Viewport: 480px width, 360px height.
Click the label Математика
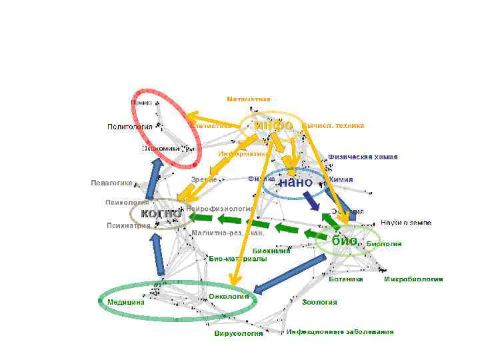pyautogui.click(x=248, y=99)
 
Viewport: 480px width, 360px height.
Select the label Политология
pyautogui.click(x=130, y=127)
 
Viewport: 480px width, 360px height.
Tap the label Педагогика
pyautogui.click(x=111, y=183)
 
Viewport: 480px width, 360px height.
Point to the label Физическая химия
pyautogui.click(x=363, y=157)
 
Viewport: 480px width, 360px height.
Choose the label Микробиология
pyautogui.click(x=413, y=279)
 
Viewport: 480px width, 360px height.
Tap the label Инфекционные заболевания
pyautogui.click(x=340, y=331)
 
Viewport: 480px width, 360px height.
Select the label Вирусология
pyautogui.click(x=239, y=333)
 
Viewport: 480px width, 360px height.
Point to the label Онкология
pyautogui.click(x=229, y=296)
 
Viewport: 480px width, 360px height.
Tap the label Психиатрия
pyautogui.click(x=128, y=225)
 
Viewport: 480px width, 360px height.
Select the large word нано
pyautogui.click(x=295, y=182)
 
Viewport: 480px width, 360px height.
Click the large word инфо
pyautogui.click(x=273, y=125)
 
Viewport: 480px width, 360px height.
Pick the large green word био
pyautogui.click(x=345, y=240)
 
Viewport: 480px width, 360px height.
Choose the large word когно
pyautogui.click(x=161, y=213)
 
